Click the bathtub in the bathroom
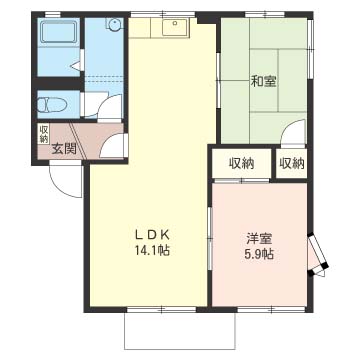(58, 33)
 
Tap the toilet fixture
(52, 105)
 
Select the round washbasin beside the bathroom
(114, 24)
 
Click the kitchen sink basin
(176, 26)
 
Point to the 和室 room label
(263, 81)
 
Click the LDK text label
(153, 235)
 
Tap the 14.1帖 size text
(152, 250)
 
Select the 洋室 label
(259, 239)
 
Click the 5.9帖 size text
(259, 254)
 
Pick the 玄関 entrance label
(64, 148)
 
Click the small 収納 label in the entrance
(44, 134)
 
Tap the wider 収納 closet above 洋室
(242, 164)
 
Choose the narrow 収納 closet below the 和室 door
(292, 164)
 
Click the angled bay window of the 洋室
(318, 255)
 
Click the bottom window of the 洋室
(272, 309)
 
